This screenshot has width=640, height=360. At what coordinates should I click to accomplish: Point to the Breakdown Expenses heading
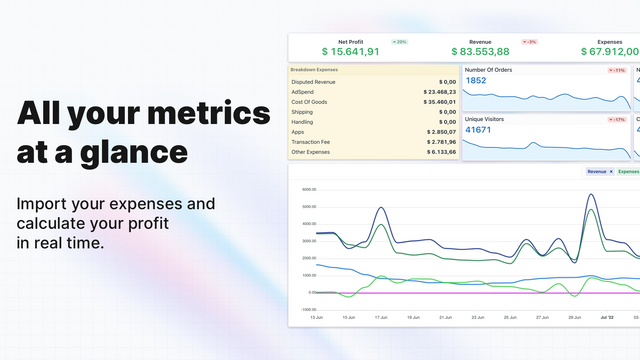click(x=313, y=69)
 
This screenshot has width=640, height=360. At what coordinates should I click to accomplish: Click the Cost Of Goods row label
click(x=313, y=102)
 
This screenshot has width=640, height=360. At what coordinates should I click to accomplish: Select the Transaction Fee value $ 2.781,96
click(x=437, y=141)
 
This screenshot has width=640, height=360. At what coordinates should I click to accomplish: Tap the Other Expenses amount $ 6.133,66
click(x=437, y=151)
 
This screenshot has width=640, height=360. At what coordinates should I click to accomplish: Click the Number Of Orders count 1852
click(x=476, y=81)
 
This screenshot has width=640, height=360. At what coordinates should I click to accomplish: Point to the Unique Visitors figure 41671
click(x=478, y=130)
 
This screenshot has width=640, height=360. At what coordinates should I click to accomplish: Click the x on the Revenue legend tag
click(x=611, y=172)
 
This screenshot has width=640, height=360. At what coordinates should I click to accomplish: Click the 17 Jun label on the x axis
click(x=381, y=316)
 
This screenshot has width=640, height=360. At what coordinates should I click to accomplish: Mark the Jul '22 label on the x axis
click(x=605, y=316)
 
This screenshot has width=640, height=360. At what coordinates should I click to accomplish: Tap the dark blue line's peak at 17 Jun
click(x=380, y=209)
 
